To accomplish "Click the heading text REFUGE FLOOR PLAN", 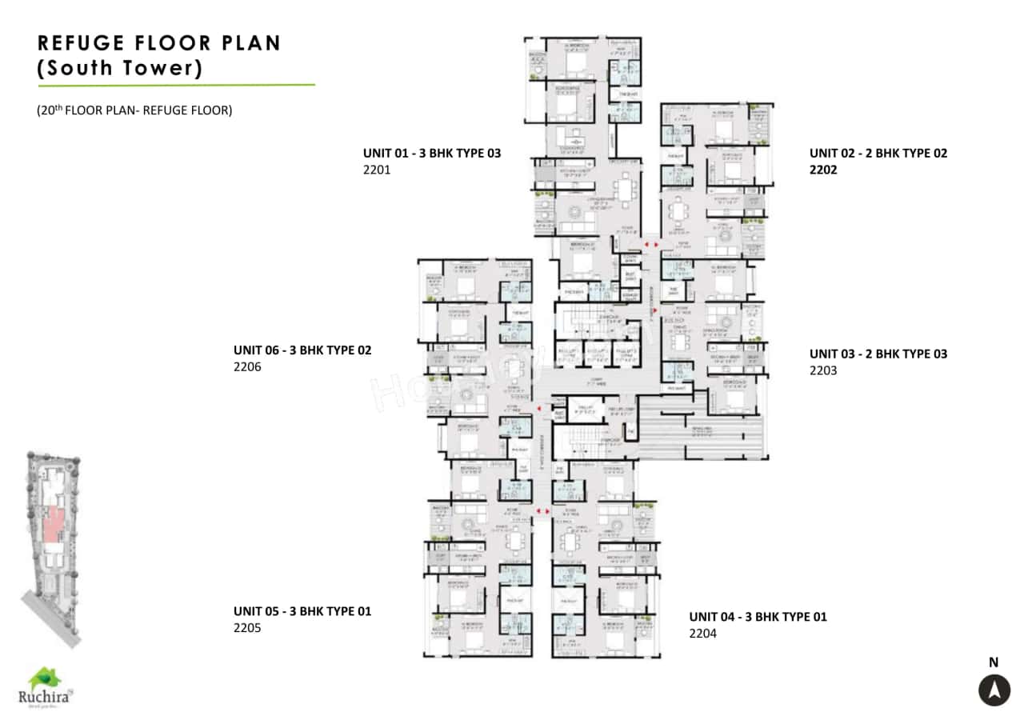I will (x=159, y=42).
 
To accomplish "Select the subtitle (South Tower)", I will (x=120, y=68).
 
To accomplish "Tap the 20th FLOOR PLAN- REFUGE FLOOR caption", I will (x=134, y=110).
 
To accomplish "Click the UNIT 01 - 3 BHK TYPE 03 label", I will (x=432, y=152).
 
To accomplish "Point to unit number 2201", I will (x=377, y=170).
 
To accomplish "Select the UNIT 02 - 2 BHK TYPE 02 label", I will (x=878, y=152).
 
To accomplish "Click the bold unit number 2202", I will (x=823, y=170).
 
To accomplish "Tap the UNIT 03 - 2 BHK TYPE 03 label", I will (x=878, y=354).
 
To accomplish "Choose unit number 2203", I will (x=823, y=370).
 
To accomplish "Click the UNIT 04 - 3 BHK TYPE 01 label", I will (x=758, y=616).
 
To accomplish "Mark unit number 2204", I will (x=702, y=634).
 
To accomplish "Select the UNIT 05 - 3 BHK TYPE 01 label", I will (x=302, y=611).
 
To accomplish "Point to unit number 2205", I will (x=247, y=628).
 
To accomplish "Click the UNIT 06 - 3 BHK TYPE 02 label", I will (x=302, y=350).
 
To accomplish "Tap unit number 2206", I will (x=247, y=367).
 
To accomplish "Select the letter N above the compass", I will (x=994, y=662).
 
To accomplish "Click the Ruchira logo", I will (x=46, y=687).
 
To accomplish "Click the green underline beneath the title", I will (x=176, y=84).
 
